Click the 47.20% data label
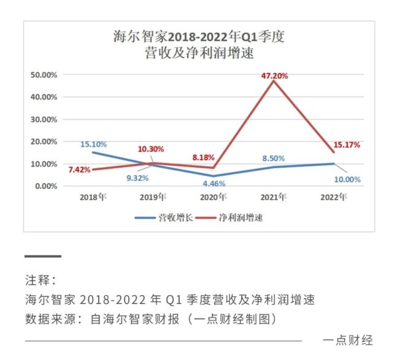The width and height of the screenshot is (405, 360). (x=275, y=75)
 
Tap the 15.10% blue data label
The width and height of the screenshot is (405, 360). (x=93, y=144)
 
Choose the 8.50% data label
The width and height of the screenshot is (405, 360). (x=273, y=158)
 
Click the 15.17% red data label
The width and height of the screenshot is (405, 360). (x=346, y=146)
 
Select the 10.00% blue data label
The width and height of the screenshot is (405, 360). (x=347, y=180)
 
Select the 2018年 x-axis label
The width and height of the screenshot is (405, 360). (x=93, y=197)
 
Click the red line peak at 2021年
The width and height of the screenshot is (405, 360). (x=274, y=81)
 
